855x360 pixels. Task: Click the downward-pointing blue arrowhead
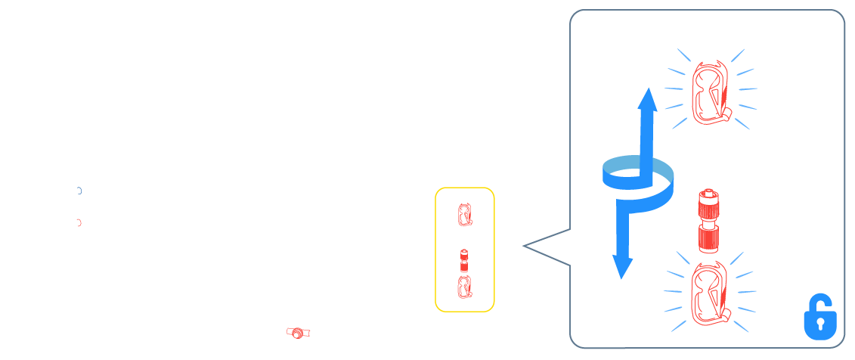[x=622, y=266]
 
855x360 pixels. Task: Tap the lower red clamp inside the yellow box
[x=464, y=285]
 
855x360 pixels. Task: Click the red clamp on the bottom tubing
[x=298, y=333]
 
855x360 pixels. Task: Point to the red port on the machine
[x=79, y=222]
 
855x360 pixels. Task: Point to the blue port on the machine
[x=79, y=191]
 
